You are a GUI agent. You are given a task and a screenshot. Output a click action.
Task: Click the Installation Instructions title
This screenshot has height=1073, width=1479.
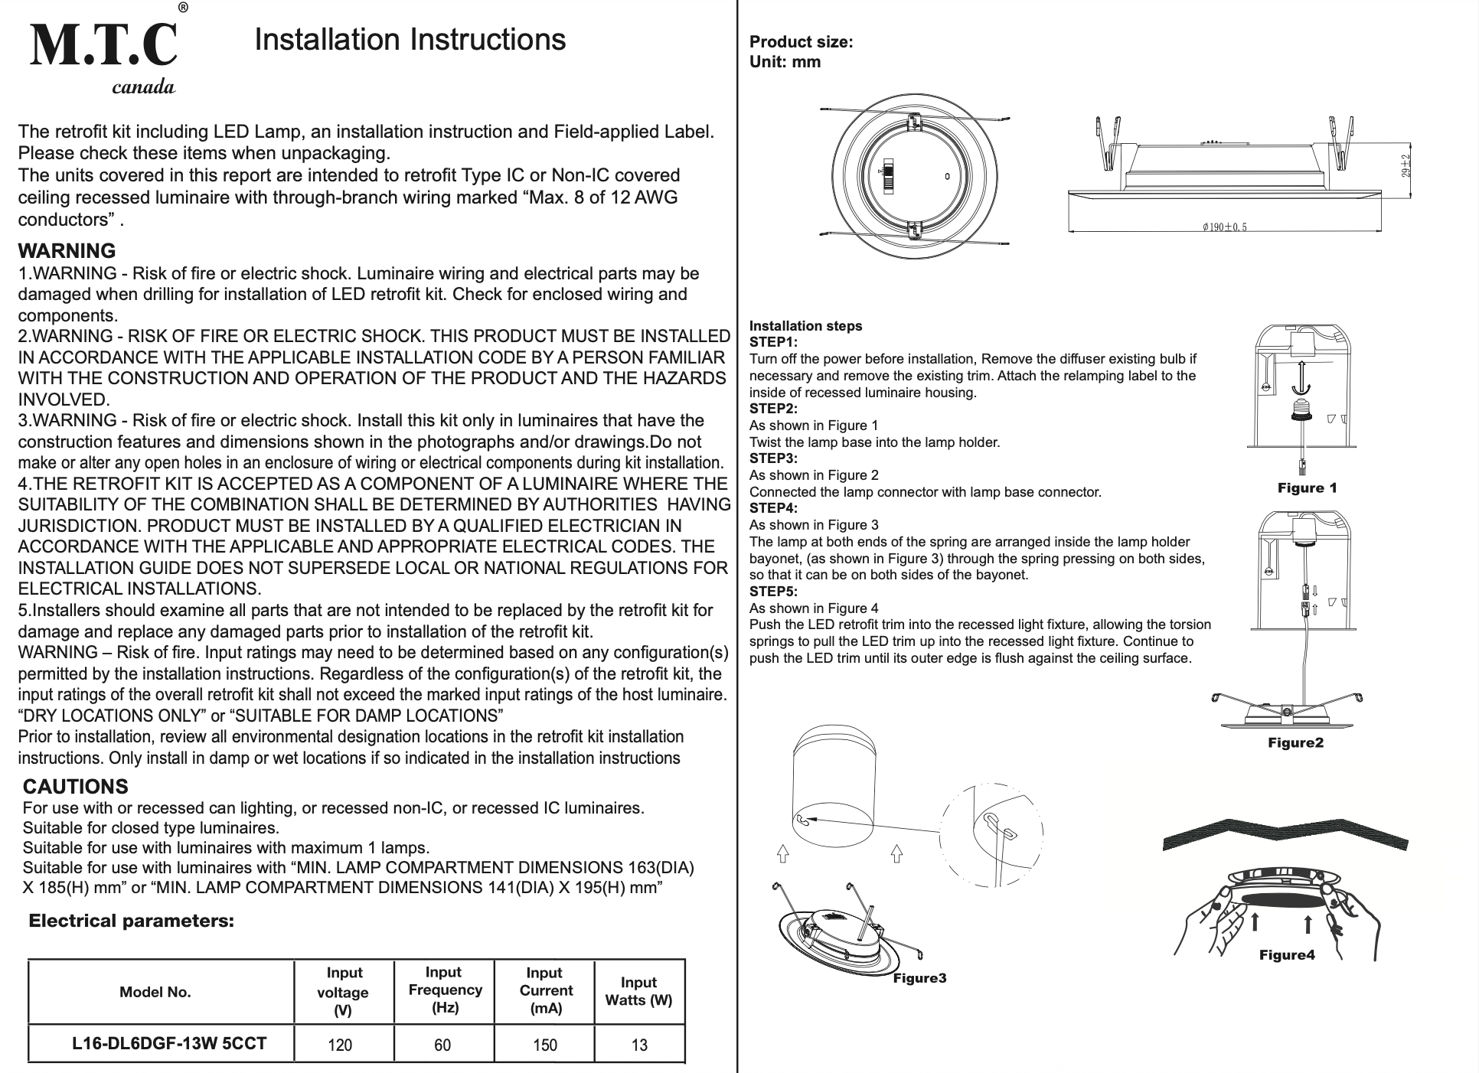[x=410, y=40]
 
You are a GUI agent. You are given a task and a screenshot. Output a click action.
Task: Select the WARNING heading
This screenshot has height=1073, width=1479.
[x=67, y=251]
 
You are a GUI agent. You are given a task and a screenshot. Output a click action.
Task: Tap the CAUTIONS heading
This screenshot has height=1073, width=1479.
[x=75, y=787]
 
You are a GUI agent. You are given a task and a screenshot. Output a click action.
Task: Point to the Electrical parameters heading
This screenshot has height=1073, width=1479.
[x=131, y=921]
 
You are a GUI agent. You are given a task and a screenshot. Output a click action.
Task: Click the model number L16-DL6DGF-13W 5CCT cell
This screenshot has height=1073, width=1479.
[x=169, y=1043]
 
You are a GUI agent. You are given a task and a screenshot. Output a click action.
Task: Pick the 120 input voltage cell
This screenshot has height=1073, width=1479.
[x=340, y=1045]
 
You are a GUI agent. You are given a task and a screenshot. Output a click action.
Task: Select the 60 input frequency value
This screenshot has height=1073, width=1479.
[x=442, y=1045]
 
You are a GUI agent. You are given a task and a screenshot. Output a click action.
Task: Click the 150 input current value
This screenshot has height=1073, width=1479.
[x=545, y=1045]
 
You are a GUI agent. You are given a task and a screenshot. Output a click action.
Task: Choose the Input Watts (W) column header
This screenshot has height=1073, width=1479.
[x=638, y=992]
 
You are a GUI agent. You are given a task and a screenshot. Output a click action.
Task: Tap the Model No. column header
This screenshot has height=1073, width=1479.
[x=155, y=993]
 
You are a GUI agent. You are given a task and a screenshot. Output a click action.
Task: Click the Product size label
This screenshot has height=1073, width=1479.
[x=801, y=42]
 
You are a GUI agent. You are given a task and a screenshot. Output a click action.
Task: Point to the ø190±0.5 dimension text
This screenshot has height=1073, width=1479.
[x=1225, y=227]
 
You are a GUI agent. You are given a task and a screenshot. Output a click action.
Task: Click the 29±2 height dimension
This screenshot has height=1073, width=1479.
[x=1407, y=166]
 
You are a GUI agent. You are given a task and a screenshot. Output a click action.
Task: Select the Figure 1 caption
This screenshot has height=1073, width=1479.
[x=1307, y=488]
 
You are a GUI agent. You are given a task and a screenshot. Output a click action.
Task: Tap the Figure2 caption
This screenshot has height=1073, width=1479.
[x=1295, y=743]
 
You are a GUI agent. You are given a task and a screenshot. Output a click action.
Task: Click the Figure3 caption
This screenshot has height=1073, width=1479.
[x=919, y=978]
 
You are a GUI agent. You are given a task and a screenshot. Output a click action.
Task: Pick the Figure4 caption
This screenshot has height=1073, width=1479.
[x=1287, y=954]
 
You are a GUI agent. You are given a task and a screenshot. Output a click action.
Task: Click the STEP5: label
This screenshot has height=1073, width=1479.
[x=772, y=592]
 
